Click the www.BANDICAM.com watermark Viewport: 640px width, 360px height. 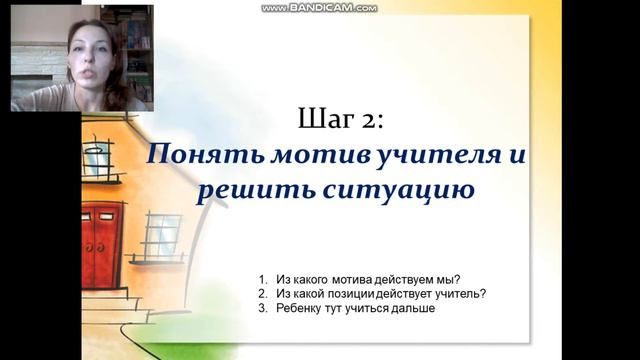pos(319,7)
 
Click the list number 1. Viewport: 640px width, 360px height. pos(261,277)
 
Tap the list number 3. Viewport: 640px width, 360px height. pos(261,309)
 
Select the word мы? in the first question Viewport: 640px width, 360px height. pos(463,277)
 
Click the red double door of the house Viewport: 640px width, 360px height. pos(102,245)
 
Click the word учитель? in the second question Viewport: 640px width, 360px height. pos(466,293)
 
